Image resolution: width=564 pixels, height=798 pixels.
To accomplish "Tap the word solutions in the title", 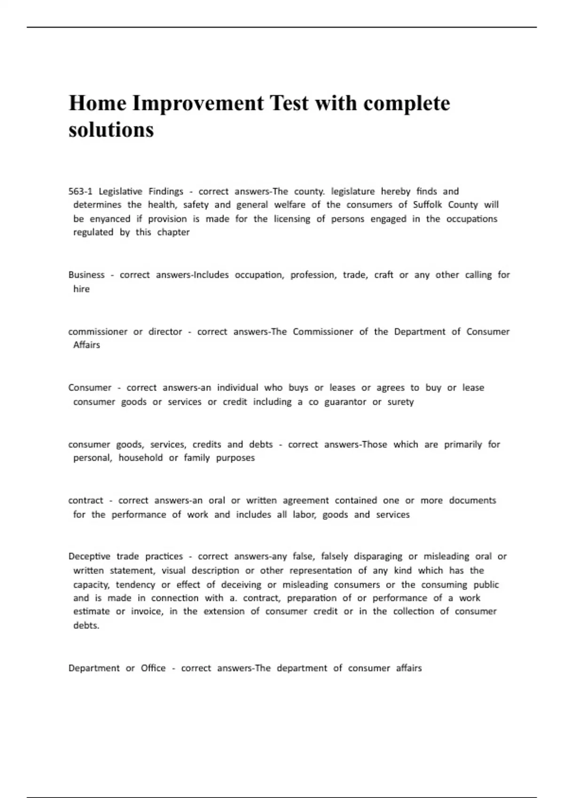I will pyautogui.click(x=111, y=130).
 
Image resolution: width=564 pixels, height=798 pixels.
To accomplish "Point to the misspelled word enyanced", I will pyautogui.click(x=110, y=219).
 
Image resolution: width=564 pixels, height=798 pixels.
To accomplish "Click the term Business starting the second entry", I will pyautogui.click(x=86, y=275).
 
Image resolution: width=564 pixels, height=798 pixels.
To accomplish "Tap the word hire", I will pyautogui.click(x=81, y=289).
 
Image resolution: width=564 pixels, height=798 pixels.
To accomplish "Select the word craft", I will pyautogui.click(x=384, y=275).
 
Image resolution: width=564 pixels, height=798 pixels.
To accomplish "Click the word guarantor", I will pyautogui.click(x=345, y=402).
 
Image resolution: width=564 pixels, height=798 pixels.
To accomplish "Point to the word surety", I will pyautogui.click(x=400, y=402).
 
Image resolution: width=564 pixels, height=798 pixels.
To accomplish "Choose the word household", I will pyautogui.click(x=141, y=458).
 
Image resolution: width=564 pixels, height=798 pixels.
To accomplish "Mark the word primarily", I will pyautogui.click(x=463, y=445).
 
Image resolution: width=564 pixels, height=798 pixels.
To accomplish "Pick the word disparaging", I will pyautogui.click(x=378, y=557).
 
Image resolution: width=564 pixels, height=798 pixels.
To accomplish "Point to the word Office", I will pyautogui.click(x=153, y=668).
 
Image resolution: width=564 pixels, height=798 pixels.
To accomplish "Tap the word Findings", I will pyautogui.click(x=166, y=192).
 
